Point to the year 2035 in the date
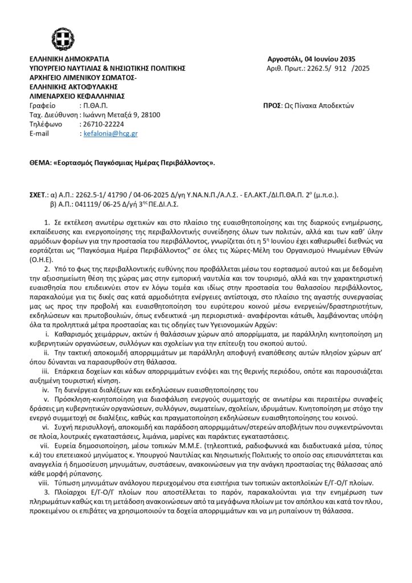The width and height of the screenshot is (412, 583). [347, 59]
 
